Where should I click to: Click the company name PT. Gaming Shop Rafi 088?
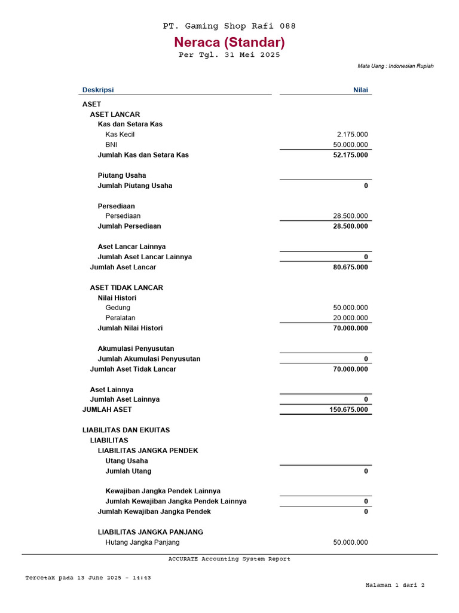coord(229,26)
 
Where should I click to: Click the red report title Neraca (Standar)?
coord(229,43)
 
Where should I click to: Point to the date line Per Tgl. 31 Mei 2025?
coord(229,55)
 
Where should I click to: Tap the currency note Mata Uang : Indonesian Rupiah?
coord(395,66)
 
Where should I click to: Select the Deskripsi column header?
coord(97,90)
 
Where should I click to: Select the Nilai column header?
coord(360,90)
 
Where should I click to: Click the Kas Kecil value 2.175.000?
coord(353,135)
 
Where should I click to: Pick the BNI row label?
coord(112,145)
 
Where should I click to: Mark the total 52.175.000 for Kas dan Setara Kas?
coord(350,155)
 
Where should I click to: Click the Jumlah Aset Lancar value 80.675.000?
coord(350,267)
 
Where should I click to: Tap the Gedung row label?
coord(118,308)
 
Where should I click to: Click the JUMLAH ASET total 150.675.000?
coord(348,409)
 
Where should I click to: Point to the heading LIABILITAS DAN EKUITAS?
coord(126,430)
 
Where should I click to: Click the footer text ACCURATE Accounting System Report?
coord(229,559)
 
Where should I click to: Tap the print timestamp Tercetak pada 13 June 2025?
coord(88,578)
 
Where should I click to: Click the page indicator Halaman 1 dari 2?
coord(394,585)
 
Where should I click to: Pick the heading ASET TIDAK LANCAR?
coord(127,287)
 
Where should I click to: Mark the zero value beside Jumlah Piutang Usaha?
coord(366,186)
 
